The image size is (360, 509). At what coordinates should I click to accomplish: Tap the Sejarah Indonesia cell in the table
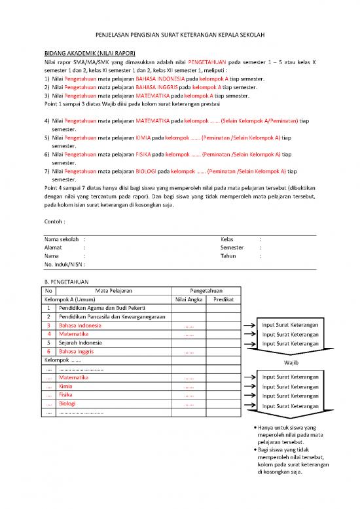point(81,343)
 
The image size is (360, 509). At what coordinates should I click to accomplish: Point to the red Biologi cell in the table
point(68,404)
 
